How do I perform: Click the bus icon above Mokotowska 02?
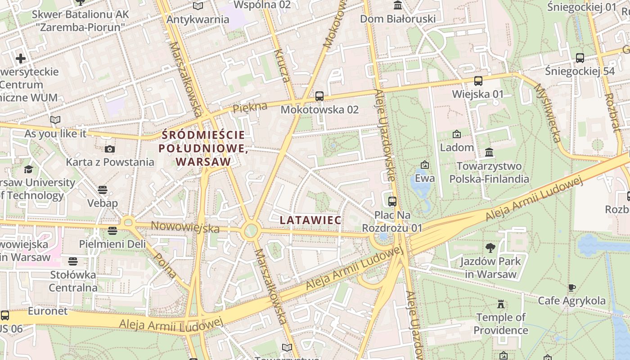pyautogui.click(x=319, y=96)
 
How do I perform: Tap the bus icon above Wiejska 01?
pyautogui.click(x=478, y=81)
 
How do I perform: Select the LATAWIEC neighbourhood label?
pyautogui.click(x=310, y=220)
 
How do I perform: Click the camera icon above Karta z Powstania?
pyautogui.click(x=109, y=149)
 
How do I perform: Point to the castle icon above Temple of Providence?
pyautogui.click(x=500, y=304)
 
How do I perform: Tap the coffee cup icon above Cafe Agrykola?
pyautogui.click(x=571, y=288)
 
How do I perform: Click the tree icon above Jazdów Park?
pyautogui.click(x=490, y=247)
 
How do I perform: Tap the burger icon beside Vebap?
pyautogui.click(x=103, y=190)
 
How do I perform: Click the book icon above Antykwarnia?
pyautogui.click(x=198, y=6)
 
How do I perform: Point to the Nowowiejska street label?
pyautogui.click(x=185, y=227)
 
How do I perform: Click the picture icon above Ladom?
pyautogui.click(x=456, y=134)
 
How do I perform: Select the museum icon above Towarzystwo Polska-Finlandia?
pyautogui.click(x=489, y=153)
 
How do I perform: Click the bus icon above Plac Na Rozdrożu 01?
pyautogui.click(x=392, y=201)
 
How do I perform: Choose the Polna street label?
pyautogui.click(x=165, y=265)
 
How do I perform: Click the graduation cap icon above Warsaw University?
pyautogui.click(x=28, y=169)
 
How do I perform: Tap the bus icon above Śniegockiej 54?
pyautogui.click(x=580, y=58)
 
